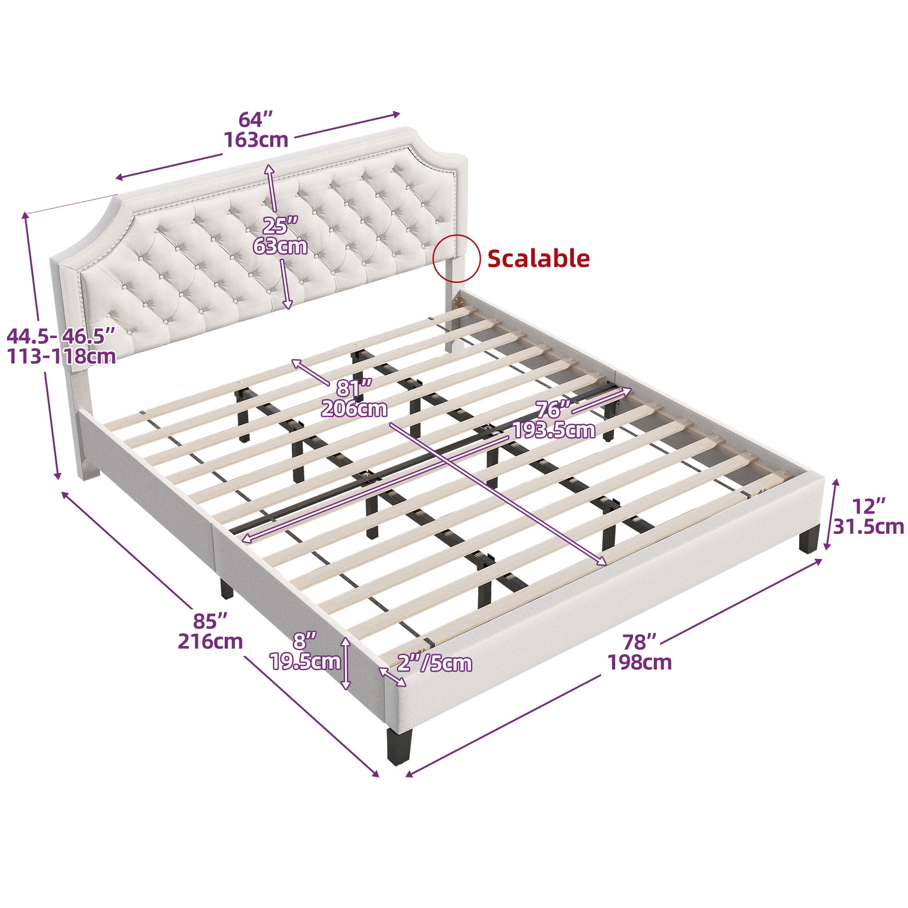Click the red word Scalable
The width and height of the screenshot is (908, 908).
pyautogui.click(x=538, y=258)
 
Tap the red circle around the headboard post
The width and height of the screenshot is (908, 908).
pyautogui.click(x=456, y=258)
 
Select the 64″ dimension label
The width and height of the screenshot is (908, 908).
pyautogui.click(x=256, y=120)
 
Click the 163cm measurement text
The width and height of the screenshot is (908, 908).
pyautogui.click(x=256, y=139)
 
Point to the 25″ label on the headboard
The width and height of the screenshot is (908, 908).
pyautogui.click(x=281, y=226)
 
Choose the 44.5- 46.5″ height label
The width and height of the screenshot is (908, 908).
pyautogui.click(x=61, y=336)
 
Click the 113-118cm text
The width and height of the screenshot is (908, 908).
pyautogui.click(x=61, y=357)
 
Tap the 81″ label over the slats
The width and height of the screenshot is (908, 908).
pyautogui.click(x=354, y=389)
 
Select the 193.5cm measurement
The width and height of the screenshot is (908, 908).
pyautogui.click(x=553, y=430)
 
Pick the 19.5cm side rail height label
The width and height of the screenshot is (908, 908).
pyautogui.click(x=305, y=662)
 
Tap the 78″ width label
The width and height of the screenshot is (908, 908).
pyautogui.click(x=640, y=642)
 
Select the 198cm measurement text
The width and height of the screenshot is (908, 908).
pyautogui.click(x=640, y=662)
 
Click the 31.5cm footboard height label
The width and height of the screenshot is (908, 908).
pyautogui.click(x=869, y=527)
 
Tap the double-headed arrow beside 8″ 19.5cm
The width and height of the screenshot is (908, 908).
pyautogui.click(x=345, y=664)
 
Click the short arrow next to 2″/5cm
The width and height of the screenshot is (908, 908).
pyautogui.click(x=393, y=677)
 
